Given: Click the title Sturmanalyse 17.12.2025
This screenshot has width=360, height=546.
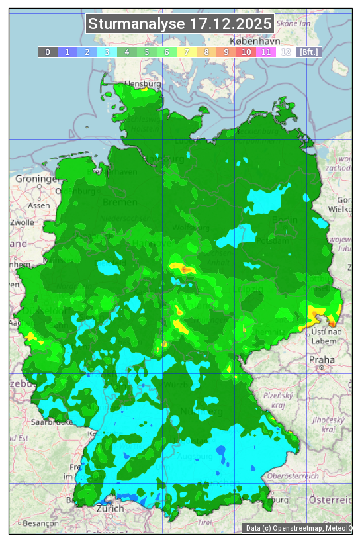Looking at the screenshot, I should (x=180, y=24).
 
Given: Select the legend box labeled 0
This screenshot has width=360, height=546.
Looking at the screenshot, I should (x=48, y=52).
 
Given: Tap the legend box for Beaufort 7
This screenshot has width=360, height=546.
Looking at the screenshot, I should (x=187, y=52).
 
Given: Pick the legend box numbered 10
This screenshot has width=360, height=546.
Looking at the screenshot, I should (x=246, y=52).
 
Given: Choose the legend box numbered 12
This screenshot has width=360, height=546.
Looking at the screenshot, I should (x=286, y=52).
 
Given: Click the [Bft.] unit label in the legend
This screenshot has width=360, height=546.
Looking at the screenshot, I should (x=308, y=52).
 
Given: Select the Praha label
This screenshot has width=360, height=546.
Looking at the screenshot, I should (x=322, y=359).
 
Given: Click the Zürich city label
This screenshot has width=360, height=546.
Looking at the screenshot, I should (x=110, y=509).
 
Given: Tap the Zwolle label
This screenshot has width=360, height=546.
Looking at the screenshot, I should (x=22, y=222).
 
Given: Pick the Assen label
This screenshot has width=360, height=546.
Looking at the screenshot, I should (x=40, y=205).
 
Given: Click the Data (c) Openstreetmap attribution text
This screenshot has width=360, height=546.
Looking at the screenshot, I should (x=298, y=528).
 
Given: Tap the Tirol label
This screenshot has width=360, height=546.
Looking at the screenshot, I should (x=204, y=522).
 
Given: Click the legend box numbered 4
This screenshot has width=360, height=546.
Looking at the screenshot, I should (x=127, y=52).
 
